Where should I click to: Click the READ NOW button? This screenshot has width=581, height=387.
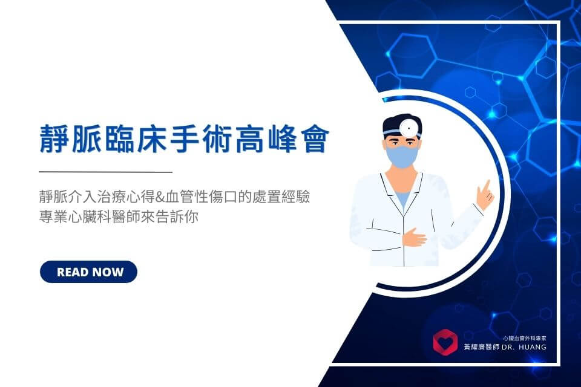[88, 272]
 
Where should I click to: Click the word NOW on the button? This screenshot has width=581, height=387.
[107, 272]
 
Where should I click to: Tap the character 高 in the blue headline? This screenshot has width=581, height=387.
[249, 138]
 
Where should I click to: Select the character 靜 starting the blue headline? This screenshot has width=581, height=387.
[54, 138]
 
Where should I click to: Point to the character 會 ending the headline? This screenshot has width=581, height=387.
[315, 138]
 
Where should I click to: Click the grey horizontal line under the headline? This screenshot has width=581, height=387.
[105, 172]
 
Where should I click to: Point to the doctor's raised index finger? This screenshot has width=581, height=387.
[487, 186]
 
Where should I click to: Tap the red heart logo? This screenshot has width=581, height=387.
[445, 342]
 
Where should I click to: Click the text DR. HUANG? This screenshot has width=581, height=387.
[524, 347]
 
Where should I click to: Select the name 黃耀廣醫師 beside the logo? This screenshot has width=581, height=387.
[481, 347]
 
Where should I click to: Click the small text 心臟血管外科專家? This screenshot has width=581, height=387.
[524, 338]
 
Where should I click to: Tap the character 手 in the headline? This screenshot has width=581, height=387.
[184, 138]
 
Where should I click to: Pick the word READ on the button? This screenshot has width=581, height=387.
[72, 272]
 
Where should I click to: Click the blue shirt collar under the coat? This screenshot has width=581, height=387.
[403, 198]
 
